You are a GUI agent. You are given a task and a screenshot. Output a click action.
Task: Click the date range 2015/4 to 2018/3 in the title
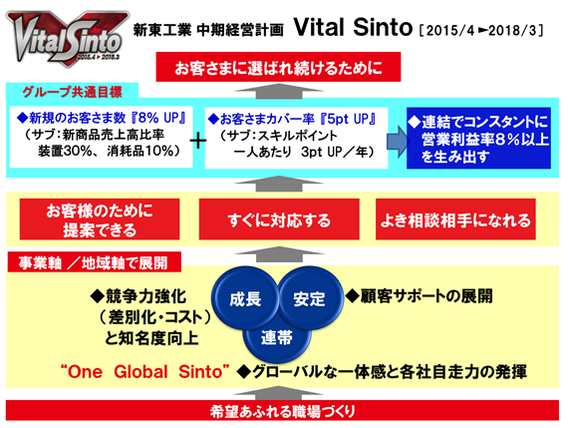(x=481, y=31)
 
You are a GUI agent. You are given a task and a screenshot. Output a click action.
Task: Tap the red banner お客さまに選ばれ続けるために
(x=278, y=67)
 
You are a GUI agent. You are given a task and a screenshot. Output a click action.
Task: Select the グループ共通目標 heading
(x=72, y=92)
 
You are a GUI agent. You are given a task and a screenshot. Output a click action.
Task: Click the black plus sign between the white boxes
(x=198, y=141)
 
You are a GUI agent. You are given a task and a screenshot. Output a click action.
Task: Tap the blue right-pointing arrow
(x=397, y=142)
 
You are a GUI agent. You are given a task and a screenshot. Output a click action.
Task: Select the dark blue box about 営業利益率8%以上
(x=478, y=139)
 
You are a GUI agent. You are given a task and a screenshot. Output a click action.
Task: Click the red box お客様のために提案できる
(x=100, y=219)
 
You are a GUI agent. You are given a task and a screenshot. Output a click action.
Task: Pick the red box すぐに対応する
(x=279, y=219)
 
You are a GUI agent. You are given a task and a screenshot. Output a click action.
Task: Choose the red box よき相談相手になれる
(x=455, y=219)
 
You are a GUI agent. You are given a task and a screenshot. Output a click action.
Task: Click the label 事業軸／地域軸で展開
(x=94, y=262)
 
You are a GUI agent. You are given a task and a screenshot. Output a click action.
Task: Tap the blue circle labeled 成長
(x=245, y=298)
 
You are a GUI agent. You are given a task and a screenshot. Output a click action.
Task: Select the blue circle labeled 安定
(x=309, y=298)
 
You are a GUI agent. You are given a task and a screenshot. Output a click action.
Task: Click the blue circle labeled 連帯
(x=277, y=339)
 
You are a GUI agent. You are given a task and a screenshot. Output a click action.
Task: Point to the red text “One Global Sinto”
(x=145, y=372)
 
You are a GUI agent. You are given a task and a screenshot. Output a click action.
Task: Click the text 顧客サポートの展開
(x=426, y=296)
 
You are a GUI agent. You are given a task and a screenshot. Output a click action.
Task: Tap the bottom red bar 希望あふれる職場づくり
(x=282, y=411)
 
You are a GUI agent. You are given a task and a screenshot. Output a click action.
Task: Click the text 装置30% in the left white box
(x=65, y=151)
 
